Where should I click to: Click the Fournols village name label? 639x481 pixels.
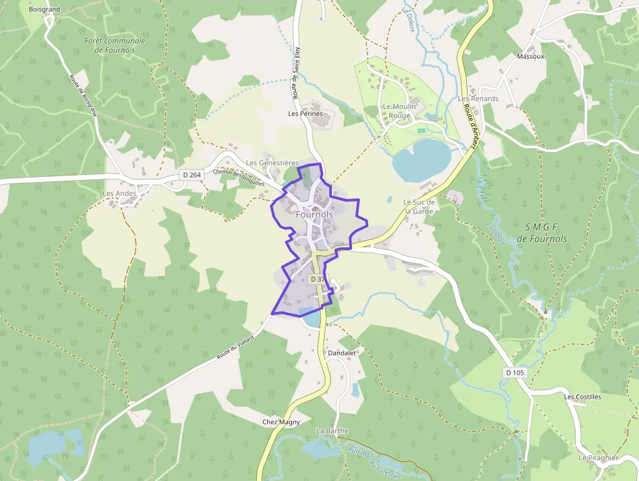(314, 214)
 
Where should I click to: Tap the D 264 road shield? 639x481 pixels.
(192, 175)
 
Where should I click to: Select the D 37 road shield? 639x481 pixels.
(317, 279)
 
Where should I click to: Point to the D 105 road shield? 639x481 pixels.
(514, 372)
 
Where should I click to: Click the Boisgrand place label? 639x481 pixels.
(44, 10)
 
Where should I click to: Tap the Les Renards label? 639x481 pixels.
(477, 99)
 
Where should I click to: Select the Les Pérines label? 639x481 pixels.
(305, 114)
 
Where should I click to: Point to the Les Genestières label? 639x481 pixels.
(272, 163)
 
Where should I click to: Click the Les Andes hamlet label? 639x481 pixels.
(120, 193)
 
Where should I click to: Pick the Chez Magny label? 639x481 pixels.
(281, 422)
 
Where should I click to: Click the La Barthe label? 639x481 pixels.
(332, 431)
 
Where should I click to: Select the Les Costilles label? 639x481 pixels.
(582, 397)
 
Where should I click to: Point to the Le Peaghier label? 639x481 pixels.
(598, 458)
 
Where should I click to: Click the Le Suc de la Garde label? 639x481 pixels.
(419, 206)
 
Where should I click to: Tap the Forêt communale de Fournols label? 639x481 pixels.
(115, 45)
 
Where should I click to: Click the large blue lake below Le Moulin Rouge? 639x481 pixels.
(421, 161)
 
